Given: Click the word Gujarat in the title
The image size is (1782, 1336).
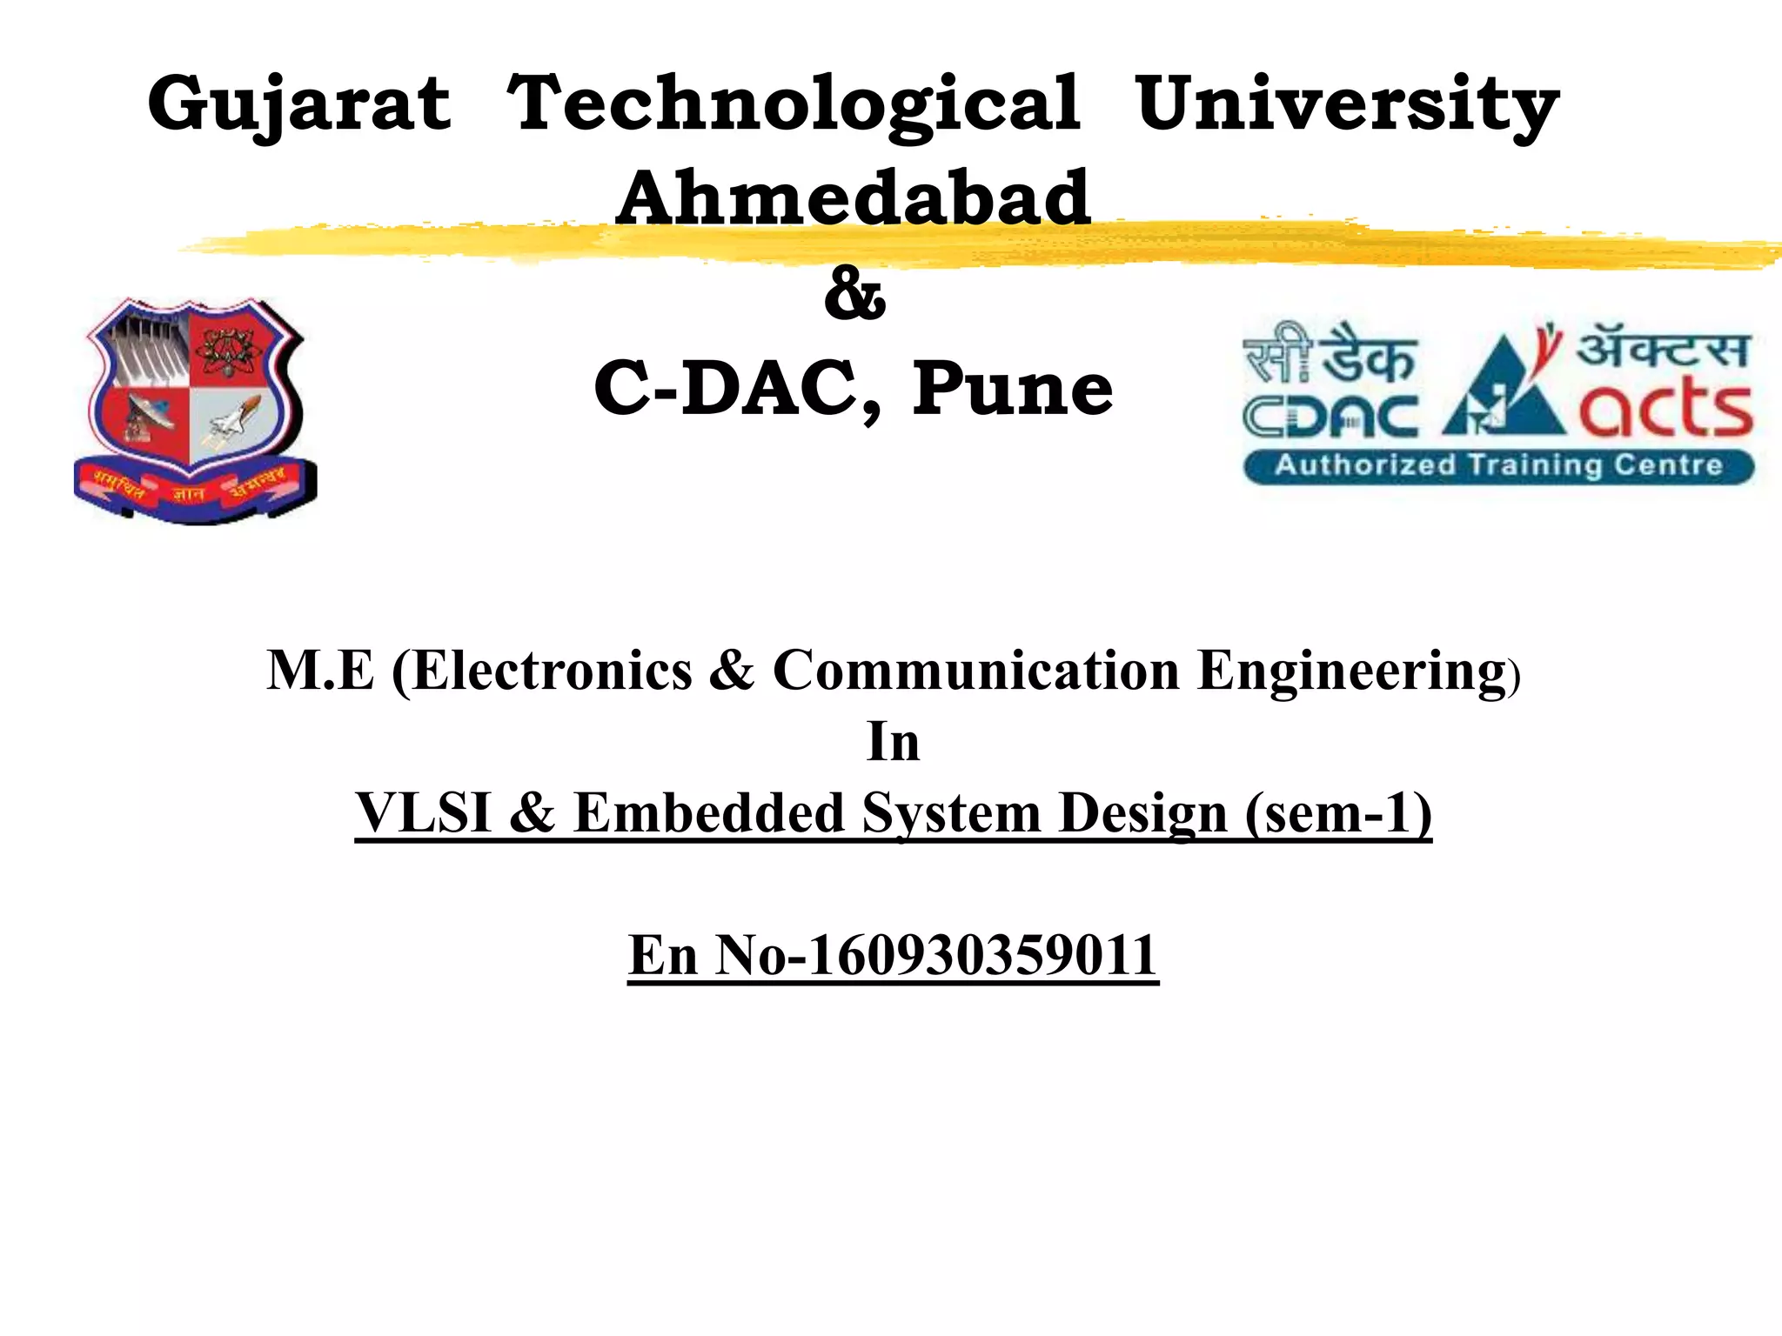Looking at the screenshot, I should coord(299,104).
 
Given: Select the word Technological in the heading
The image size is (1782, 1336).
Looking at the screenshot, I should coord(793,104).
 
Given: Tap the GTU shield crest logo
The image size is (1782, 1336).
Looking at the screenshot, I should coord(196,409).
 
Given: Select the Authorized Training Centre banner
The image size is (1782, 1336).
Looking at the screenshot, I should coord(1498,465).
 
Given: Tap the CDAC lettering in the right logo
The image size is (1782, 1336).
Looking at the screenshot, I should coord(1330,417).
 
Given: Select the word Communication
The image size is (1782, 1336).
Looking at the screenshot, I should coord(975,671).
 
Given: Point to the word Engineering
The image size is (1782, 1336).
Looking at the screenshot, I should coord(1351,671).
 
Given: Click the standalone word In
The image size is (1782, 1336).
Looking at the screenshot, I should coord(893,742).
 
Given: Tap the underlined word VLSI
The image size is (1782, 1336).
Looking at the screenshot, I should coord(425,813).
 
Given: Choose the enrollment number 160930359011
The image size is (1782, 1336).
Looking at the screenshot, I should coord(982,955).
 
